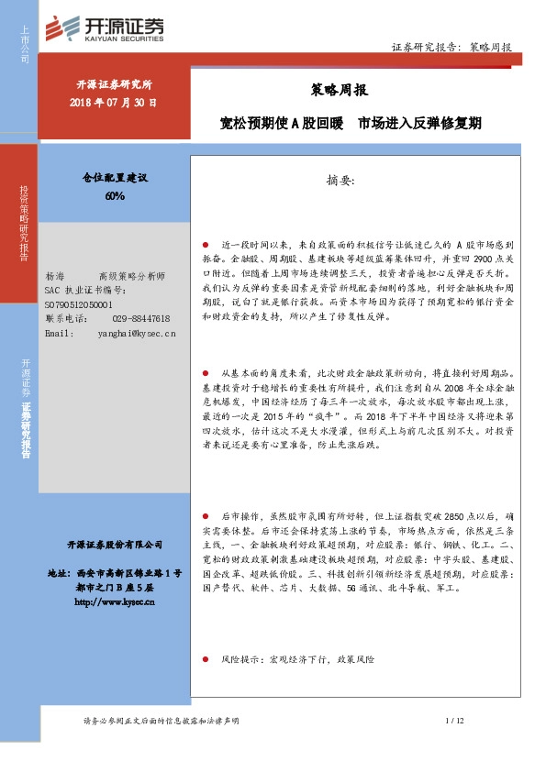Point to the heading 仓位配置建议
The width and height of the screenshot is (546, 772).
(115, 176)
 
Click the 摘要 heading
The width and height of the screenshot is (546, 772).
(345, 180)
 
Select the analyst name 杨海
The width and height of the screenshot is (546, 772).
(54, 276)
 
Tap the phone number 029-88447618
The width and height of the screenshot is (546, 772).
(141, 318)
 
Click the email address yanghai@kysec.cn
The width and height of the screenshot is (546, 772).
(136, 334)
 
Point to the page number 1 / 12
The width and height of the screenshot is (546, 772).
(454, 722)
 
